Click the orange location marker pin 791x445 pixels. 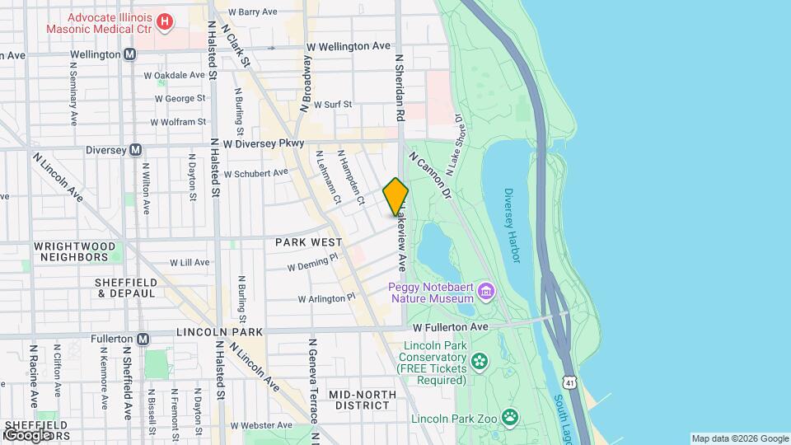[395, 197]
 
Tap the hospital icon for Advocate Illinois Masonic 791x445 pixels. [165, 21]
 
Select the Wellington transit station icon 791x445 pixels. [130, 54]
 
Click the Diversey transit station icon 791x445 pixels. [137, 151]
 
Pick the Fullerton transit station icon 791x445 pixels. [143, 339]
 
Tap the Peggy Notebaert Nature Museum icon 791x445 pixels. [487, 291]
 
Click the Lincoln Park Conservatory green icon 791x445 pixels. [480, 359]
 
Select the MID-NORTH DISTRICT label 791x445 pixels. [359, 400]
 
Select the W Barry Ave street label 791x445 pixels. [252, 12]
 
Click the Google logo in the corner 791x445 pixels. [26, 434]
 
